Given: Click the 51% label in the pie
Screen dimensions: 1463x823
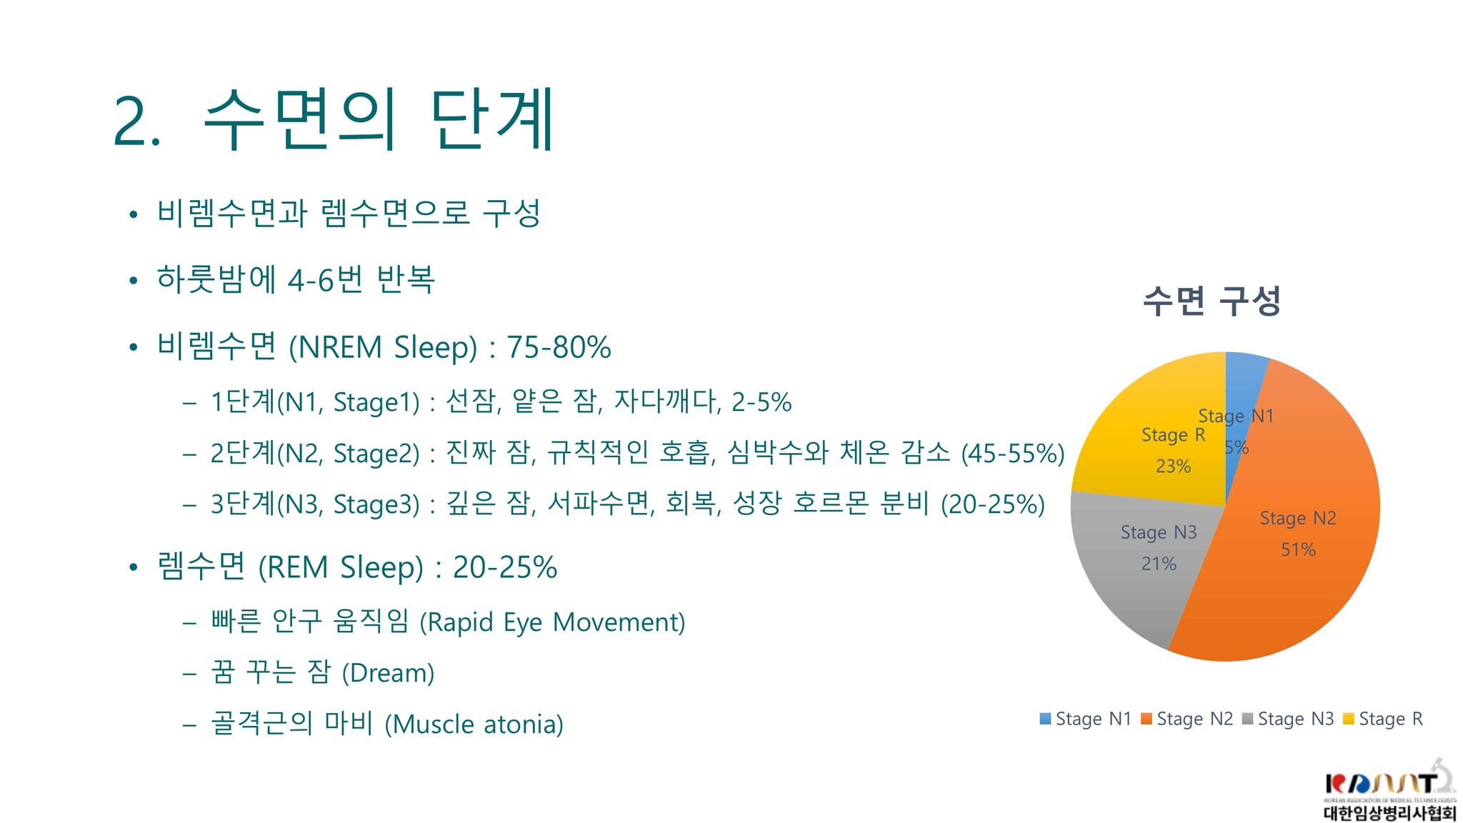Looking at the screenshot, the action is click(x=1298, y=549).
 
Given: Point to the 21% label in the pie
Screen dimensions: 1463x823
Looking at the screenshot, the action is click(x=1159, y=564).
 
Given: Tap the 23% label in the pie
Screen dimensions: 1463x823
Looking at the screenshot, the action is click(x=1173, y=466).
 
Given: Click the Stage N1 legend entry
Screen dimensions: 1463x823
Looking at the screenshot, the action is click(x=1086, y=719).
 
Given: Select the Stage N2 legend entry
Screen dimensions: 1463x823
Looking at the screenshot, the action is click(x=1187, y=719).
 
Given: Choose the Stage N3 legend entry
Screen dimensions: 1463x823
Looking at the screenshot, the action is click(x=1288, y=719).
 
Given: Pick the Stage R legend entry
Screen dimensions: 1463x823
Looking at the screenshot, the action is click(x=1383, y=719).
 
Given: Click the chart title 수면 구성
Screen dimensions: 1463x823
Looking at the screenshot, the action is click(x=1212, y=300).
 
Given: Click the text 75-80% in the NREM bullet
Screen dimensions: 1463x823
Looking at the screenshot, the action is click(x=559, y=347).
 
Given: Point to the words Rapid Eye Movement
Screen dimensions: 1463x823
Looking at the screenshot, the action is click(x=552, y=622).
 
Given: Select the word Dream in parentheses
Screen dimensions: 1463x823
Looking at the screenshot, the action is click(x=388, y=673).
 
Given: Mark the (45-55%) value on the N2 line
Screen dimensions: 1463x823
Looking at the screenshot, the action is click(x=1013, y=453).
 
